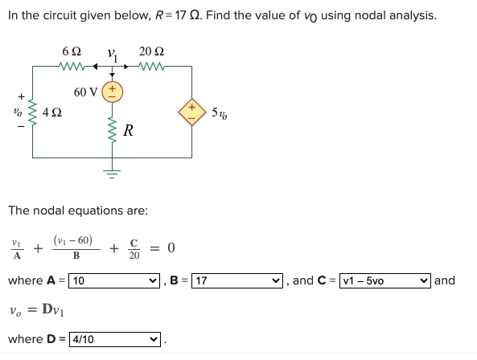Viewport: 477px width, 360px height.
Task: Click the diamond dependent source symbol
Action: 192,110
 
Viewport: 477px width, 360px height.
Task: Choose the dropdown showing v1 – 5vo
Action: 387,280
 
